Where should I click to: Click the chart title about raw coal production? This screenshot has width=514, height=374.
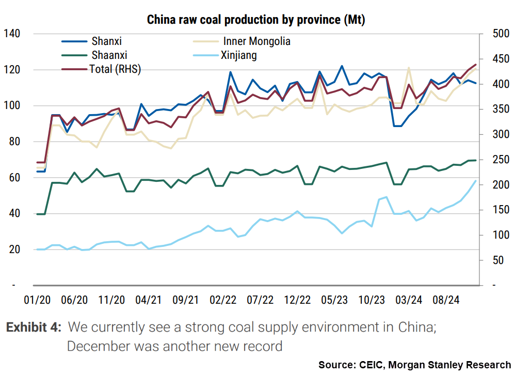(256, 20)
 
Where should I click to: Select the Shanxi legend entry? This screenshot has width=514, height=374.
(107, 41)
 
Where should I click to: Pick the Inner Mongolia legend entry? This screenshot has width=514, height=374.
(256, 41)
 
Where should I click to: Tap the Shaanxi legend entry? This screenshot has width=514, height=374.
(109, 55)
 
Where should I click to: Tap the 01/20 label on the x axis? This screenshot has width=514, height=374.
(37, 300)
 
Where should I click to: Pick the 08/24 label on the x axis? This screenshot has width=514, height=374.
(446, 300)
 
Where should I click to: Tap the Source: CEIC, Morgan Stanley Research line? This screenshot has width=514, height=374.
(414, 365)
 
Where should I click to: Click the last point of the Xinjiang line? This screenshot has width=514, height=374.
(475, 180)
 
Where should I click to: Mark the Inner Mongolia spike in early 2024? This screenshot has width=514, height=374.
(408, 68)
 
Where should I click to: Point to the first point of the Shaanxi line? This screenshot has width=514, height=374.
(37, 214)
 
